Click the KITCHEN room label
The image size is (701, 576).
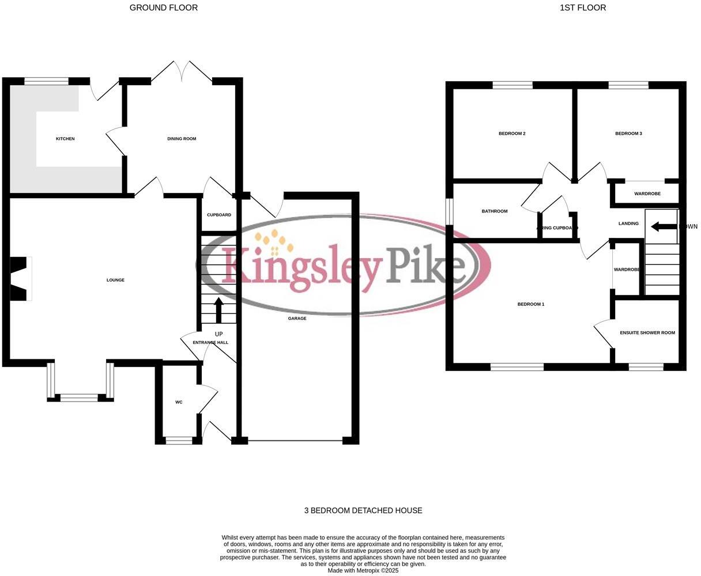point(65,139)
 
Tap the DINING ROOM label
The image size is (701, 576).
point(182,139)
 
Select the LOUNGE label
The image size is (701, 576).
point(115,280)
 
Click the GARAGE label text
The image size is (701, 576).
point(297,319)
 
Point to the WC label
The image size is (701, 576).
point(179,402)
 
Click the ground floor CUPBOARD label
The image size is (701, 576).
point(219,215)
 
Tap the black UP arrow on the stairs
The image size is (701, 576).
point(218,309)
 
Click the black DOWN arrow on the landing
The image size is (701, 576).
point(664,226)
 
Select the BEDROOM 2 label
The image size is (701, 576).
point(512,134)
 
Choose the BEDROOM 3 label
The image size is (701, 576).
point(628,134)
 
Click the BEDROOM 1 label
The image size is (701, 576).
point(531,304)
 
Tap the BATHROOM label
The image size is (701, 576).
point(495,211)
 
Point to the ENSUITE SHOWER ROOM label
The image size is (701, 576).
point(647,333)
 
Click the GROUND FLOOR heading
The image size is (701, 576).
point(164,7)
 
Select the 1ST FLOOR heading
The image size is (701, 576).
point(583,7)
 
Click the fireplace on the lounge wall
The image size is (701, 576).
point(20,279)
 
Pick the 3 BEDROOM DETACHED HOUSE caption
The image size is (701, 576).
point(363,510)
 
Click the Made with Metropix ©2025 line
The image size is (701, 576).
point(363,571)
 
